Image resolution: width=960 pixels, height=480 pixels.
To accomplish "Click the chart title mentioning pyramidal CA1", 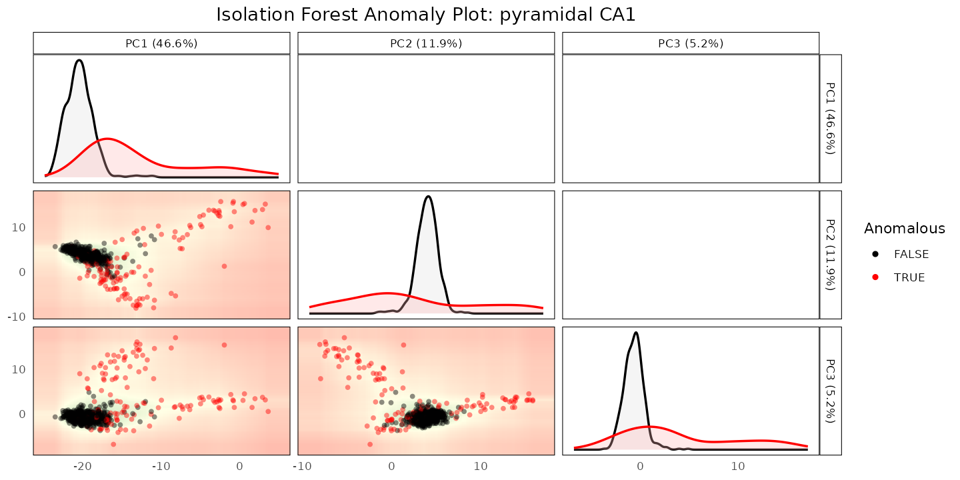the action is click(x=425, y=15).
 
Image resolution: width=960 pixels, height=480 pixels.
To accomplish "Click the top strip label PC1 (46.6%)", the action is click(x=161, y=43).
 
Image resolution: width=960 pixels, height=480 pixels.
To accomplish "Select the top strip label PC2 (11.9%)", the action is click(x=426, y=43).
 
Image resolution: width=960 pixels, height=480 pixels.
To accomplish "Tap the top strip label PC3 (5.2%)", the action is click(x=691, y=43).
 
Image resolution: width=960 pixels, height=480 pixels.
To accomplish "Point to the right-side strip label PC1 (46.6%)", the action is click(x=831, y=118).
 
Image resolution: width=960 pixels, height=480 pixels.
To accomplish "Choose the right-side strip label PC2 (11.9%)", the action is click(x=831, y=255).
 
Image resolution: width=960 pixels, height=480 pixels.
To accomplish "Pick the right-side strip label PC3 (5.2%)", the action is click(x=831, y=391).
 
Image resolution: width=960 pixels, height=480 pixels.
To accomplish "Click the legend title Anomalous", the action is click(x=904, y=229).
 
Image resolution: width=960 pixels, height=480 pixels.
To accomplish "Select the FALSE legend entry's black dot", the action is click(x=875, y=254).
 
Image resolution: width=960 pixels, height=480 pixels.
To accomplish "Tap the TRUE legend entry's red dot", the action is click(x=875, y=277).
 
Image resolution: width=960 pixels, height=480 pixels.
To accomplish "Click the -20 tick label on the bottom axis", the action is click(x=82, y=466).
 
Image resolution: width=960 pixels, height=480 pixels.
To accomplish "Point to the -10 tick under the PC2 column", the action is click(x=302, y=466).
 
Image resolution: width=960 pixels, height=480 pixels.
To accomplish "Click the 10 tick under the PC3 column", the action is click(x=737, y=466).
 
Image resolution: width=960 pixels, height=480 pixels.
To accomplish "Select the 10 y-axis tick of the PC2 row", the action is click(x=19, y=227).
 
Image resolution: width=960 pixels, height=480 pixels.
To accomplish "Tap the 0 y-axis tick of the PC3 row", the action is click(x=22, y=415).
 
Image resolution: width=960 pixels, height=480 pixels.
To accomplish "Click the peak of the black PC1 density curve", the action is click(x=79, y=60).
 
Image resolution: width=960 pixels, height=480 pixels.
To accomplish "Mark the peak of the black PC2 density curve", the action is click(x=428, y=196).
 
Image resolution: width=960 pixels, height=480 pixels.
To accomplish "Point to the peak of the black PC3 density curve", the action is click(x=636, y=333).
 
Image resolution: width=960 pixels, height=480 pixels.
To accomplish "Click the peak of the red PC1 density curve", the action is click(x=107, y=139).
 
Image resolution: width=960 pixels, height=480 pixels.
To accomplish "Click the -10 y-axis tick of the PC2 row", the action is click(x=17, y=317).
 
